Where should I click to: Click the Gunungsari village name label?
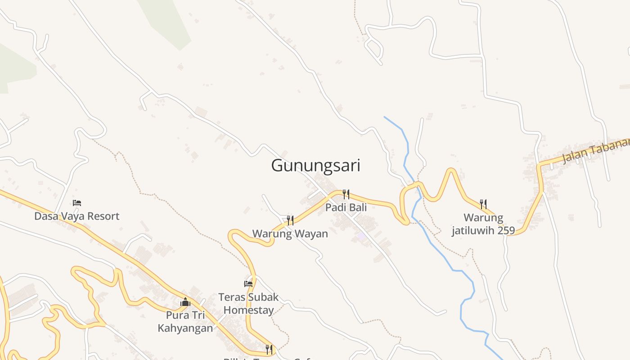coord(315,166)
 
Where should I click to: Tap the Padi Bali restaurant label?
coord(346,207)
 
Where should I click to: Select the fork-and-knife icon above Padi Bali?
coord(346,194)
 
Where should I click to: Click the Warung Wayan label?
coord(290,234)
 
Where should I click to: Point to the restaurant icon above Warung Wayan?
coord(290,220)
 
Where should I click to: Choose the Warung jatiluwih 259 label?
coord(483,224)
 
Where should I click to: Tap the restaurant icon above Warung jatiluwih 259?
coord(483,204)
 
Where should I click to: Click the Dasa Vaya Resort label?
coord(77,216)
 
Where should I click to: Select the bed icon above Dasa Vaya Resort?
coord(77,203)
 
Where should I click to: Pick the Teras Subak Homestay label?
coord(248,304)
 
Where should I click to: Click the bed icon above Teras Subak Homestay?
coord(248,283)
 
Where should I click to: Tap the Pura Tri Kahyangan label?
coord(185,321)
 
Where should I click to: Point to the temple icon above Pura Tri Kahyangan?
coord(185,302)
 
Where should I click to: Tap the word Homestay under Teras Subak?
coord(248,310)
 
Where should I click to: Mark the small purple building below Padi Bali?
coord(361,236)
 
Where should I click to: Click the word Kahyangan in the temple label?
coord(185,328)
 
